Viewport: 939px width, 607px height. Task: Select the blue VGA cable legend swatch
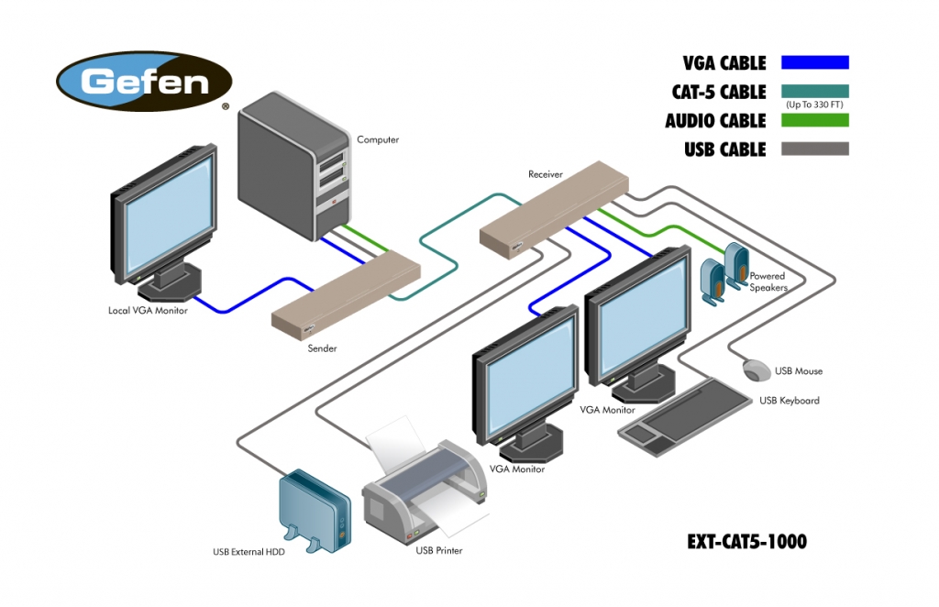point(814,62)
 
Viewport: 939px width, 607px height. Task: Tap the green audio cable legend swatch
point(814,120)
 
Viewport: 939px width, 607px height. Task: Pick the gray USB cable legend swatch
point(814,149)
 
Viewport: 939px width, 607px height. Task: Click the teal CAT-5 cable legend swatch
point(814,91)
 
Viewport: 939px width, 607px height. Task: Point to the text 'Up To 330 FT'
point(814,105)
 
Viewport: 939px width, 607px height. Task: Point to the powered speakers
point(724,272)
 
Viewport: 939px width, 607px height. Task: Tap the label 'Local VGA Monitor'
point(148,311)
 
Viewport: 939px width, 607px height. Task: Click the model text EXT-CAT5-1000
point(746,542)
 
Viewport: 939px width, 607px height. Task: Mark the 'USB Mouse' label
point(798,371)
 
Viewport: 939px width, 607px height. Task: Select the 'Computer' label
point(378,140)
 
